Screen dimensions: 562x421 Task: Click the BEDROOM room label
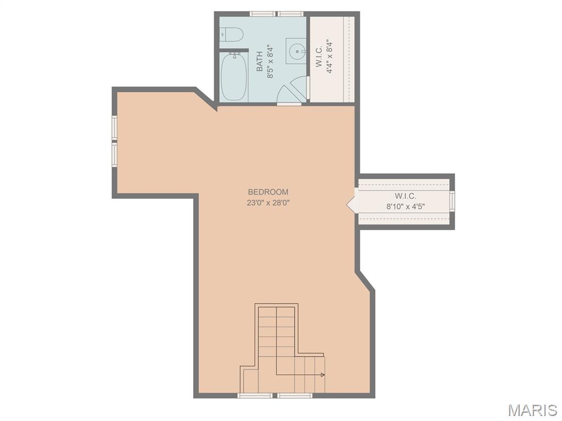tap(268, 192)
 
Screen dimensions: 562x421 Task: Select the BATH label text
tap(260, 61)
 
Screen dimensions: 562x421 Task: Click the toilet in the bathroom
tap(232, 35)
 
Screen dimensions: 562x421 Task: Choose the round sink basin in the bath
tap(297, 51)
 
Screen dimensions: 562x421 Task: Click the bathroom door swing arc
tap(292, 89)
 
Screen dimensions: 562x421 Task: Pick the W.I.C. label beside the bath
tap(319, 56)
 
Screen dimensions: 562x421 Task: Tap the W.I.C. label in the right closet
tap(406, 196)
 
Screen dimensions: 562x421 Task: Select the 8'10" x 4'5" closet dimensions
tap(406, 207)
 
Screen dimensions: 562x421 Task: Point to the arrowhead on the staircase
tap(323, 375)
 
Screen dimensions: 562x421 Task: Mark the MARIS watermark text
tap(532, 410)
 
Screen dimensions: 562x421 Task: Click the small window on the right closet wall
tap(452, 201)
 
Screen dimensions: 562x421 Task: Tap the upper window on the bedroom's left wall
tap(115, 128)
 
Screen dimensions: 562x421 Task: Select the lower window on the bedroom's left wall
tap(115, 155)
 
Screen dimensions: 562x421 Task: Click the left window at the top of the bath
tap(263, 14)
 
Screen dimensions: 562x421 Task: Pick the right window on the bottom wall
tap(295, 395)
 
